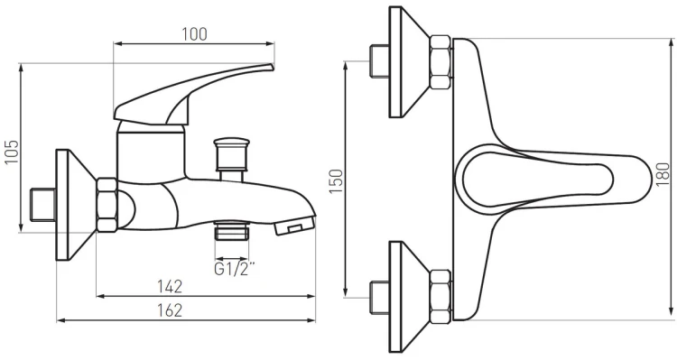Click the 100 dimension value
[x=194, y=34]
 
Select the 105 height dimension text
[x=12, y=152]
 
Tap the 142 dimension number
[x=170, y=287]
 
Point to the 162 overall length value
[x=170, y=310]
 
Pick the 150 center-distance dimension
[x=337, y=181]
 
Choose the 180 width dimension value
[x=663, y=174]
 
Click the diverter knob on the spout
[x=232, y=153]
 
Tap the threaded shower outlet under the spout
[x=232, y=230]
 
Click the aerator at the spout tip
[x=295, y=226]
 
